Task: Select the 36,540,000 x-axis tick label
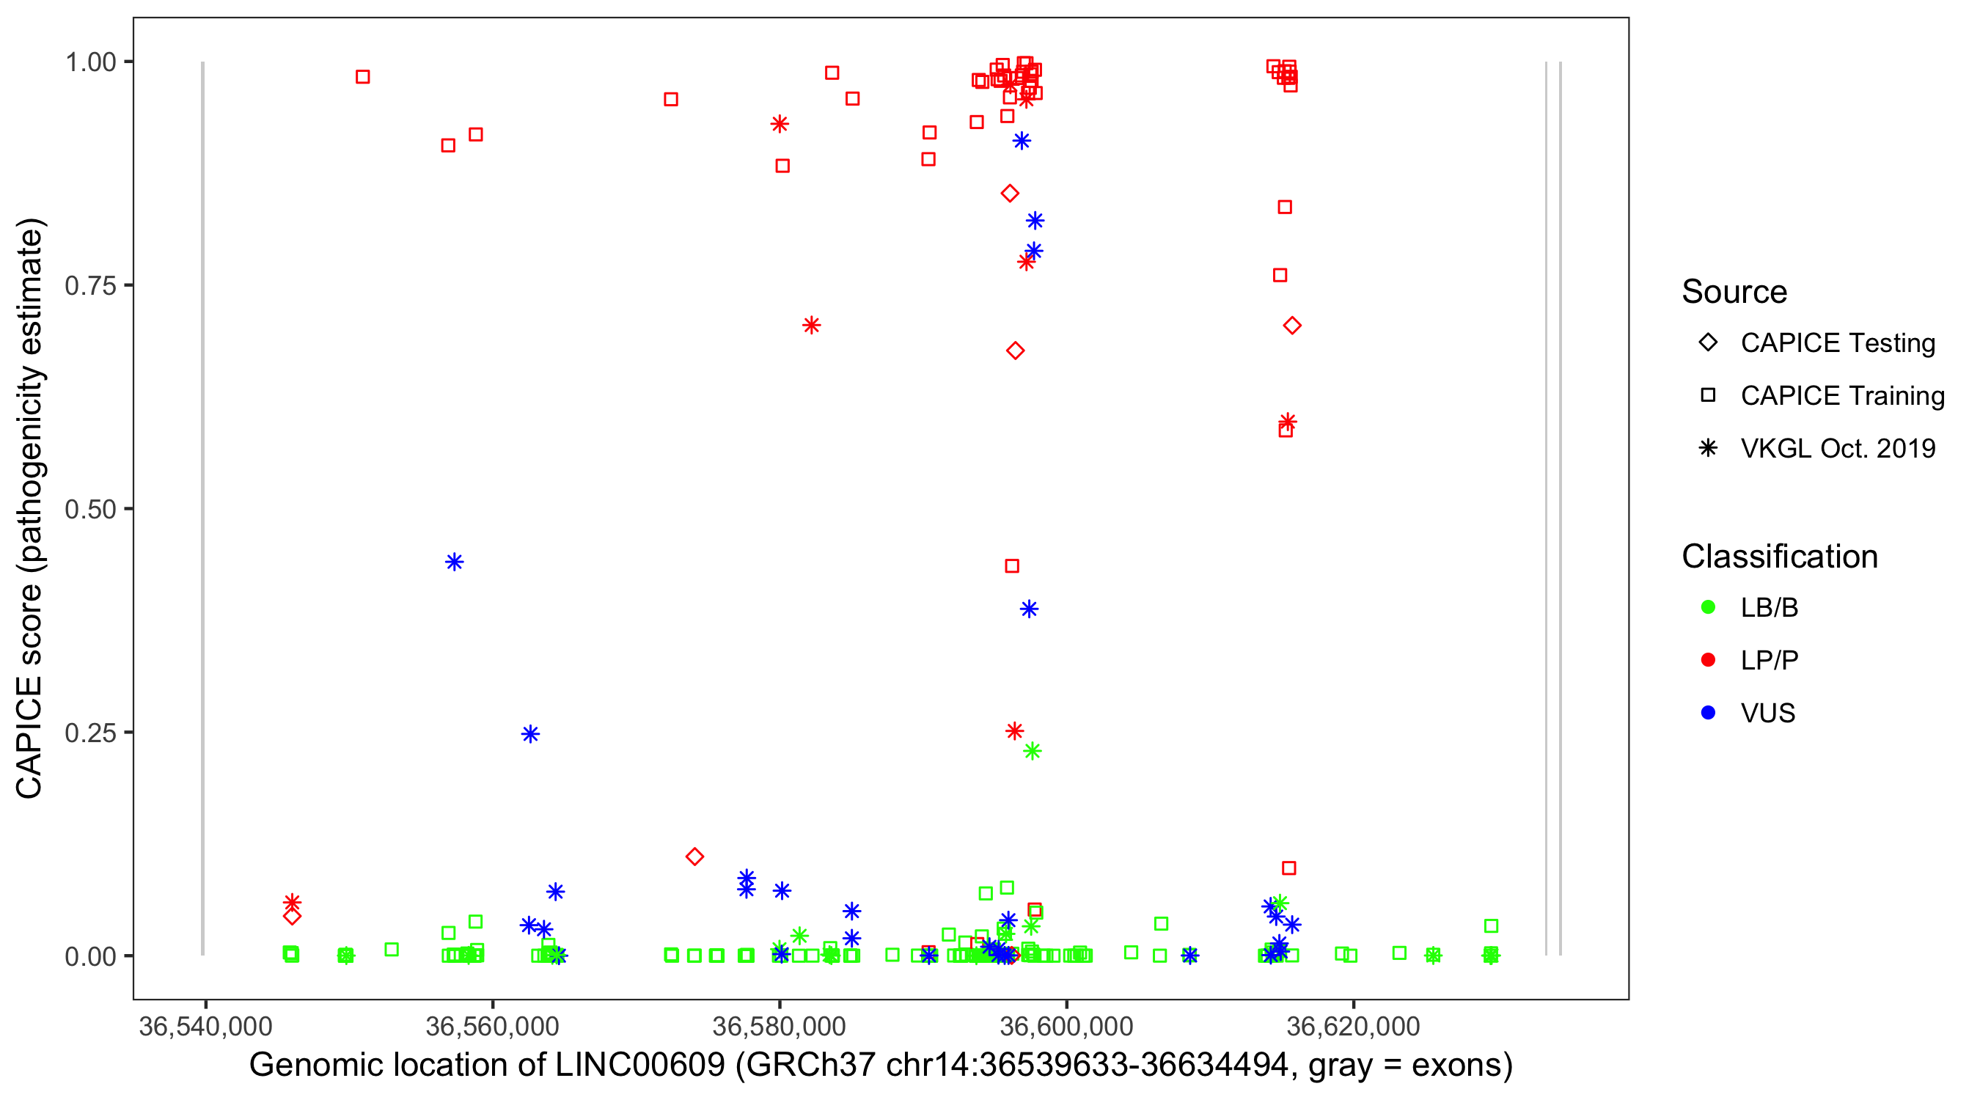[205, 1026]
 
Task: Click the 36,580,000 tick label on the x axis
[780, 1026]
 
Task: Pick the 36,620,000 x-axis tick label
[1353, 1026]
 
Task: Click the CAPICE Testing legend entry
[1837, 343]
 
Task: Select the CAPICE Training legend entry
[1841, 396]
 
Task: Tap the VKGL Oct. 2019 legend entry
[1837, 448]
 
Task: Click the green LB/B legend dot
[1708, 607]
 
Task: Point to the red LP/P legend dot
[1708, 660]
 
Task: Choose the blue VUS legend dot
[1708, 713]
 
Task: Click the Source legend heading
[1734, 292]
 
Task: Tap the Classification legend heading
[1779, 557]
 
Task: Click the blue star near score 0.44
[454, 562]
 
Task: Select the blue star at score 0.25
[530, 734]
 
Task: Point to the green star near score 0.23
[1033, 751]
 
